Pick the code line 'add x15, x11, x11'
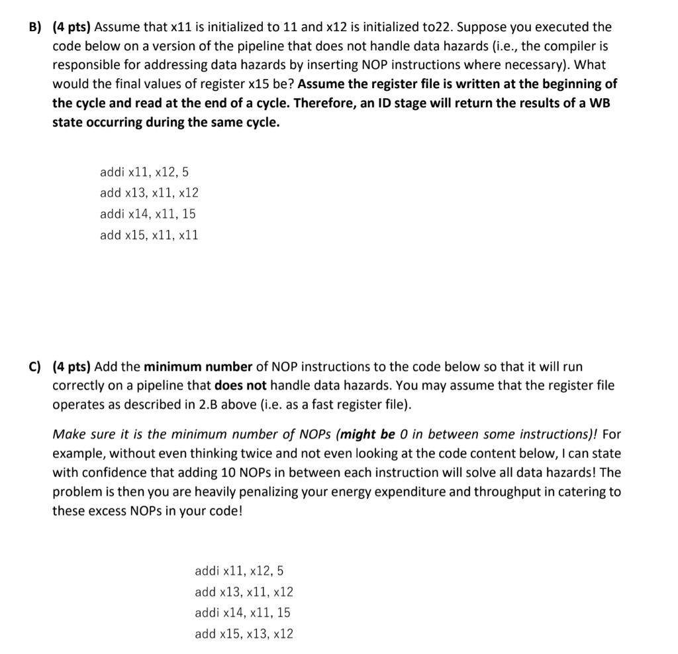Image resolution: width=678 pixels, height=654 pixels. click(x=148, y=235)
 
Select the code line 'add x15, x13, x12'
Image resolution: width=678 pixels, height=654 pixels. click(x=244, y=634)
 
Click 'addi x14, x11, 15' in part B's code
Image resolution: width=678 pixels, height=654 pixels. click(x=148, y=214)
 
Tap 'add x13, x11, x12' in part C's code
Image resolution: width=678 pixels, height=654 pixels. click(x=244, y=592)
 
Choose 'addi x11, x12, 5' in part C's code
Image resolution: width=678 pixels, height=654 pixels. click(x=239, y=571)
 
